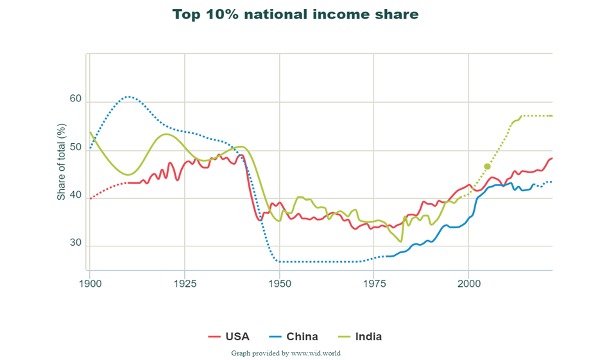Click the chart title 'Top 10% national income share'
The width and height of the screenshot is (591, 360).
(x=295, y=14)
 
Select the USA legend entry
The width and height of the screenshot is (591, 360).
(x=237, y=336)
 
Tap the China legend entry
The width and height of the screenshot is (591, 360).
(x=302, y=336)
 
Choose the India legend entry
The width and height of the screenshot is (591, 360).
(x=368, y=336)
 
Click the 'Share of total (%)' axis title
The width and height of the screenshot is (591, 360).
(x=62, y=161)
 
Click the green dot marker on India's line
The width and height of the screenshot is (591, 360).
(x=487, y=166)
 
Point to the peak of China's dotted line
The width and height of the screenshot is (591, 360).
(x=129, y=97)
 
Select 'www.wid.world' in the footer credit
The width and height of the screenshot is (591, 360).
(x=316, y=353)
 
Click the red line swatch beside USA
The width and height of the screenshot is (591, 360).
(x=215, y=336)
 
